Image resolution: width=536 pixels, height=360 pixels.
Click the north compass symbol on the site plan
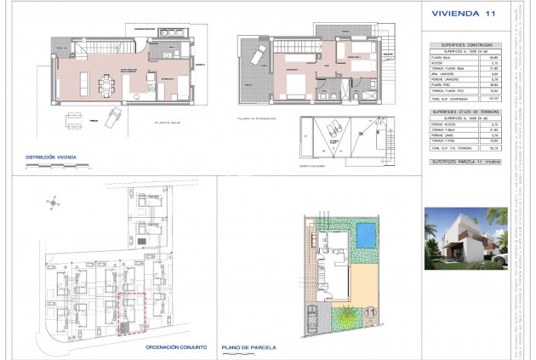point(54,204)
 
